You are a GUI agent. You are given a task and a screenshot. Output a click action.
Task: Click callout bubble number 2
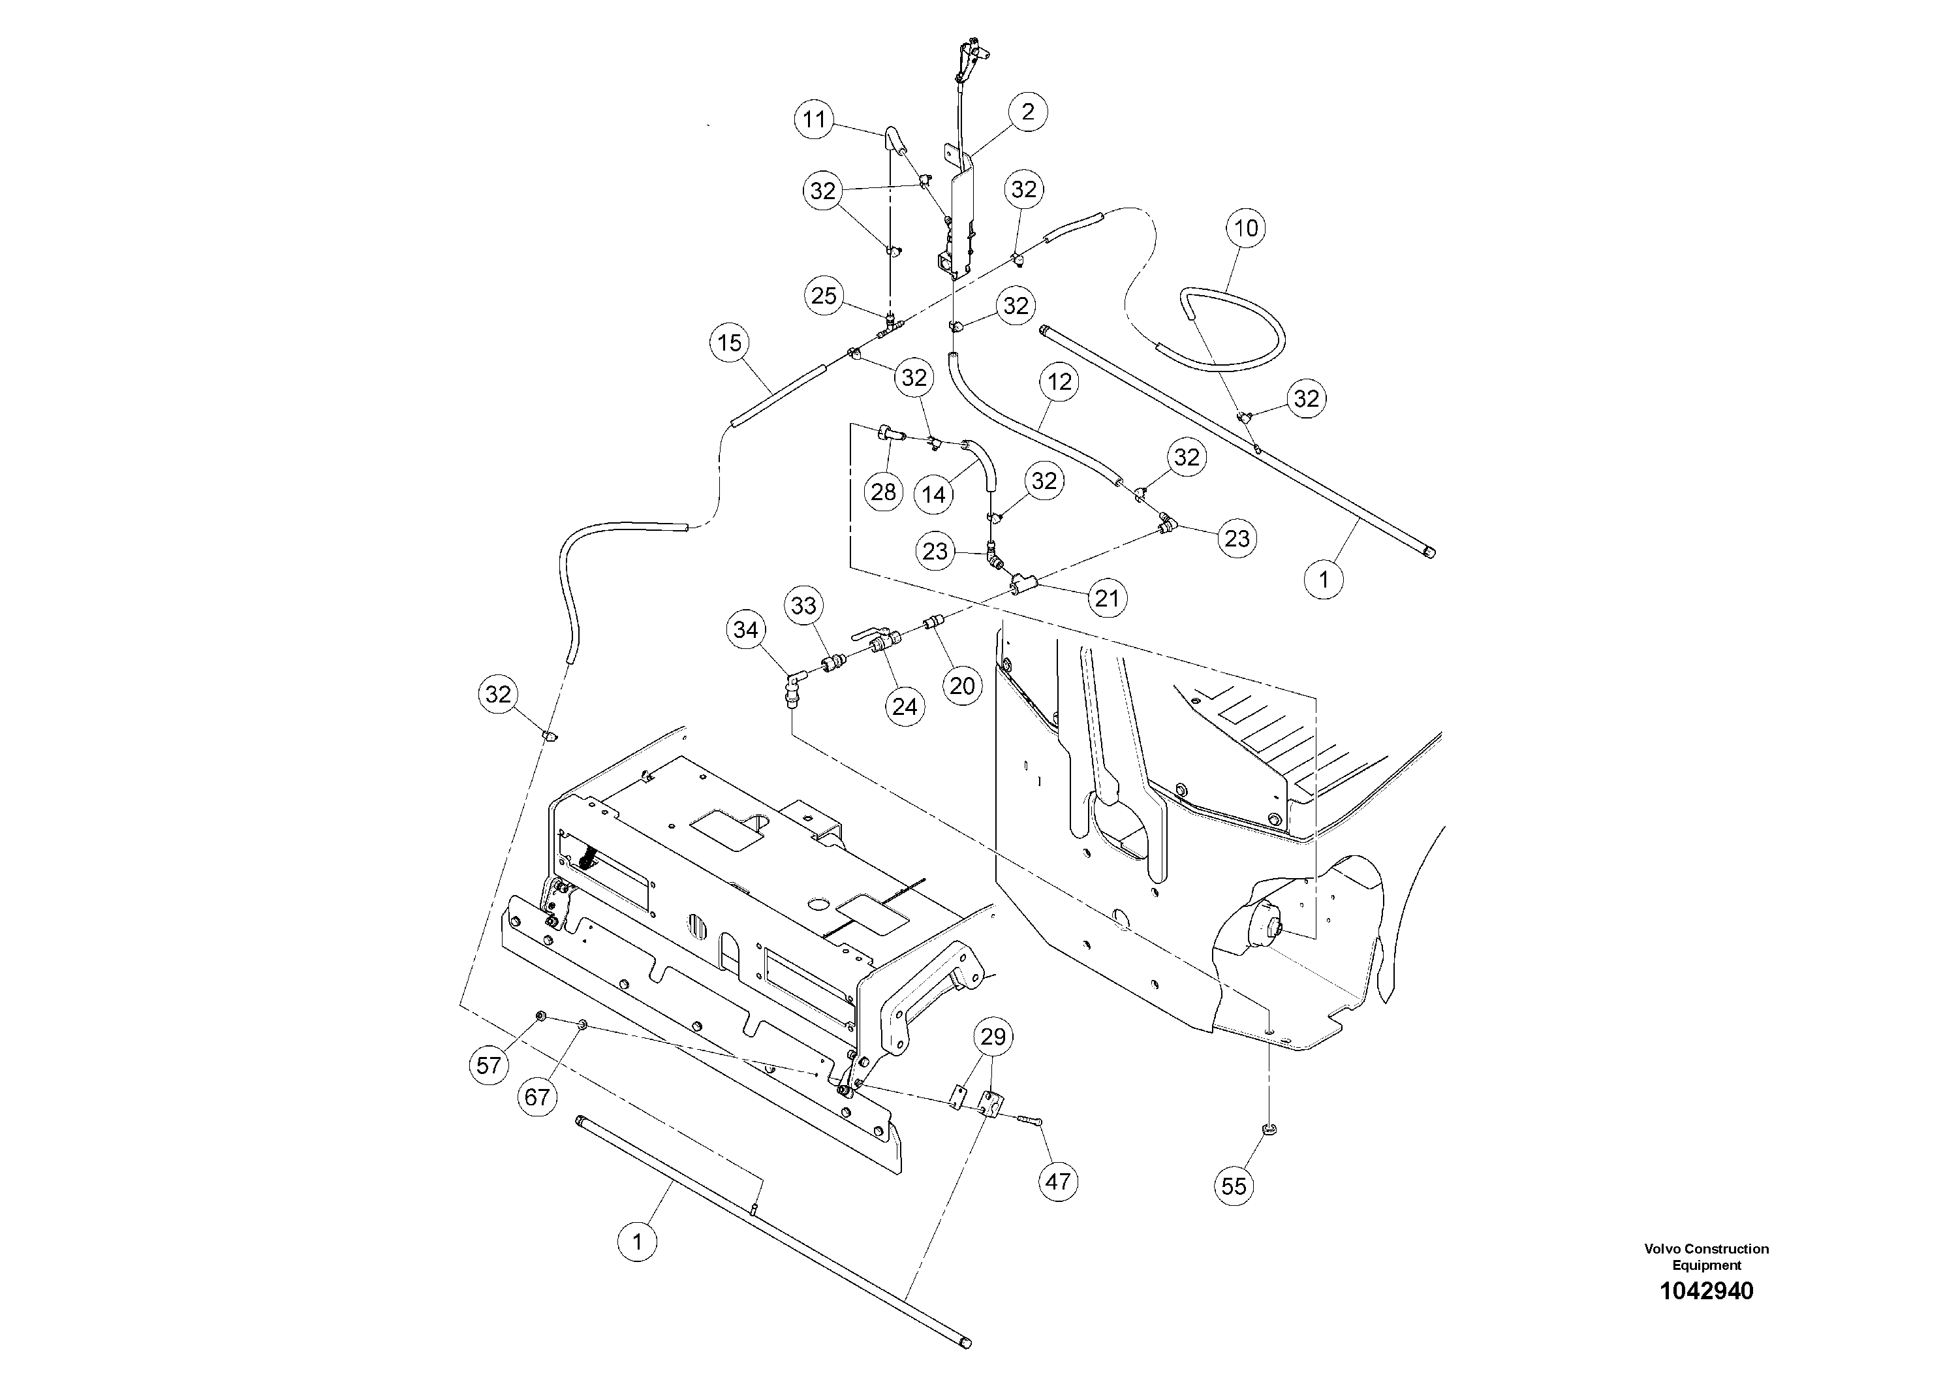tap(1028, 112)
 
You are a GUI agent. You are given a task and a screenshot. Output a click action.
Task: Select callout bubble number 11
tap(814, 119)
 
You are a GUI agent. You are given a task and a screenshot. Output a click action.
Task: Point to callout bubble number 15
tap(730, 343)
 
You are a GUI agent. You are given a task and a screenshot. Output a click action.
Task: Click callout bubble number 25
tap(824, 295)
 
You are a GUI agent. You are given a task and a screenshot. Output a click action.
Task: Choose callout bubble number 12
tap(1059, 382)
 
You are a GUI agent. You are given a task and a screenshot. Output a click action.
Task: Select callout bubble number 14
tap(933, 494)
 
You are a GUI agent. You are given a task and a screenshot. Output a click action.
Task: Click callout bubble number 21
tap(1107, 599)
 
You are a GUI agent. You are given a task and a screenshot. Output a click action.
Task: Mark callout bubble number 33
tap(804, 605)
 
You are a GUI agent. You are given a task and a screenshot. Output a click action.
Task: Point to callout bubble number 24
tap(905, 706)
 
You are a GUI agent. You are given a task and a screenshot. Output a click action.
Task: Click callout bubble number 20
tap(962, 686)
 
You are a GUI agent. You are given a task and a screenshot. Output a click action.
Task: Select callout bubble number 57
tap(489, 1065)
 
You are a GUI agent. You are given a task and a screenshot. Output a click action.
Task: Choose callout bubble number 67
tap(537, 1097)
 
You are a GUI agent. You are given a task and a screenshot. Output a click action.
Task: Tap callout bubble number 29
tap(993, 1036)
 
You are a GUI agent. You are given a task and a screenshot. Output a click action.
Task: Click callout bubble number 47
tap(1058, 1181)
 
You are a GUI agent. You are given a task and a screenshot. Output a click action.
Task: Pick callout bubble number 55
tap(1234, 1186)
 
